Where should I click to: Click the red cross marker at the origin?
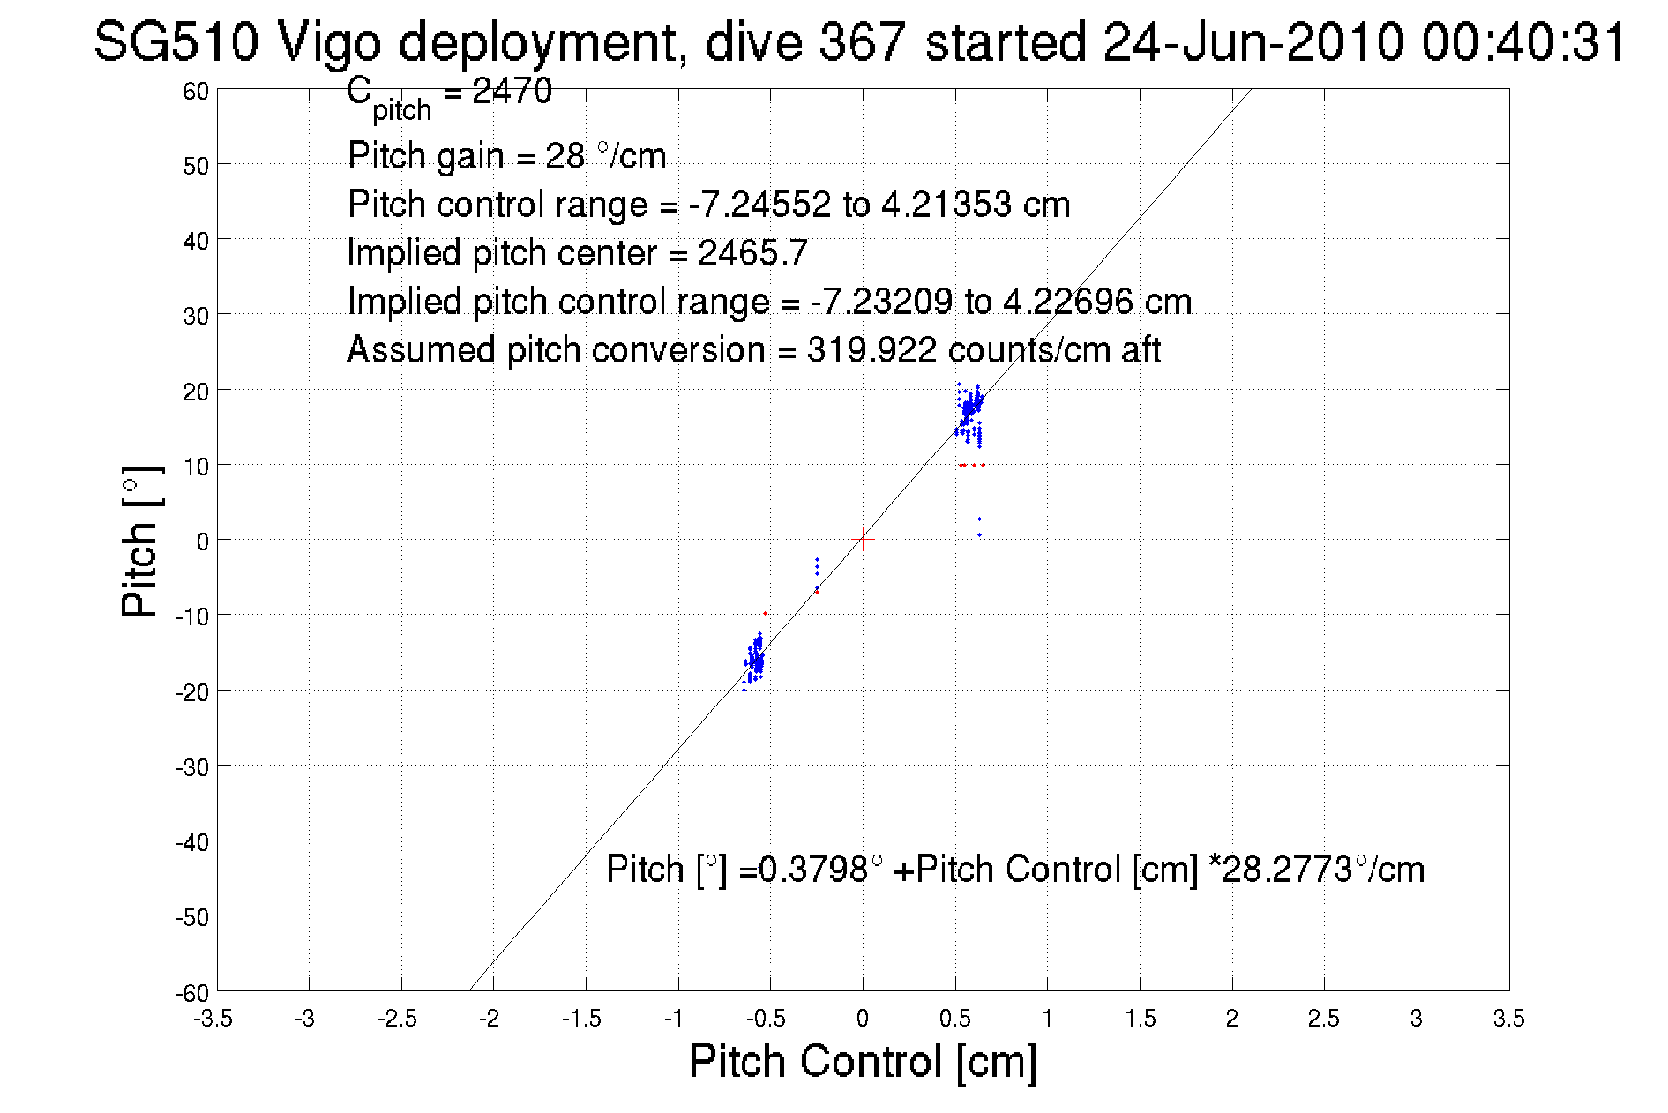863,539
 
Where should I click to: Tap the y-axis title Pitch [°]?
141,541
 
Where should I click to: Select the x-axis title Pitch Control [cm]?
863,1061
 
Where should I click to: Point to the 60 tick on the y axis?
196,92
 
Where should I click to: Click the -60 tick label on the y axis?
192,993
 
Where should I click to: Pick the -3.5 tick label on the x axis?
214,1020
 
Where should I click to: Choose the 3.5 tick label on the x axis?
1508,1020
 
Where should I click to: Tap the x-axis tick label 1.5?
1140,1020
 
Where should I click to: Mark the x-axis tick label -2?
489,1020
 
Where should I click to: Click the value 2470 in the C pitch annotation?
512,91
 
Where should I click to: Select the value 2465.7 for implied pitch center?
752,254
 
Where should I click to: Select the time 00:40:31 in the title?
1523,41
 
